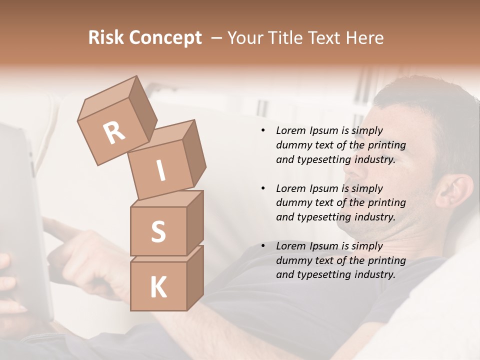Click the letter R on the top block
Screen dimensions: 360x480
[x=114, y=132]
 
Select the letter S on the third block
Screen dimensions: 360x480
[x=158, y=231]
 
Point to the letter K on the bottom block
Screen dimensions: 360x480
[x=158, y=287]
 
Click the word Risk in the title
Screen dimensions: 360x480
[x=106, y=38]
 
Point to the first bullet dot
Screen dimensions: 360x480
[x=263, y=131]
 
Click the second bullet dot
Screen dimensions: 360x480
[x=263, y=188]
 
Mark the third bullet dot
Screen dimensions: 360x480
[x=263, y=246]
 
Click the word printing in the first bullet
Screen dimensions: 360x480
[x=386, y=145]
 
